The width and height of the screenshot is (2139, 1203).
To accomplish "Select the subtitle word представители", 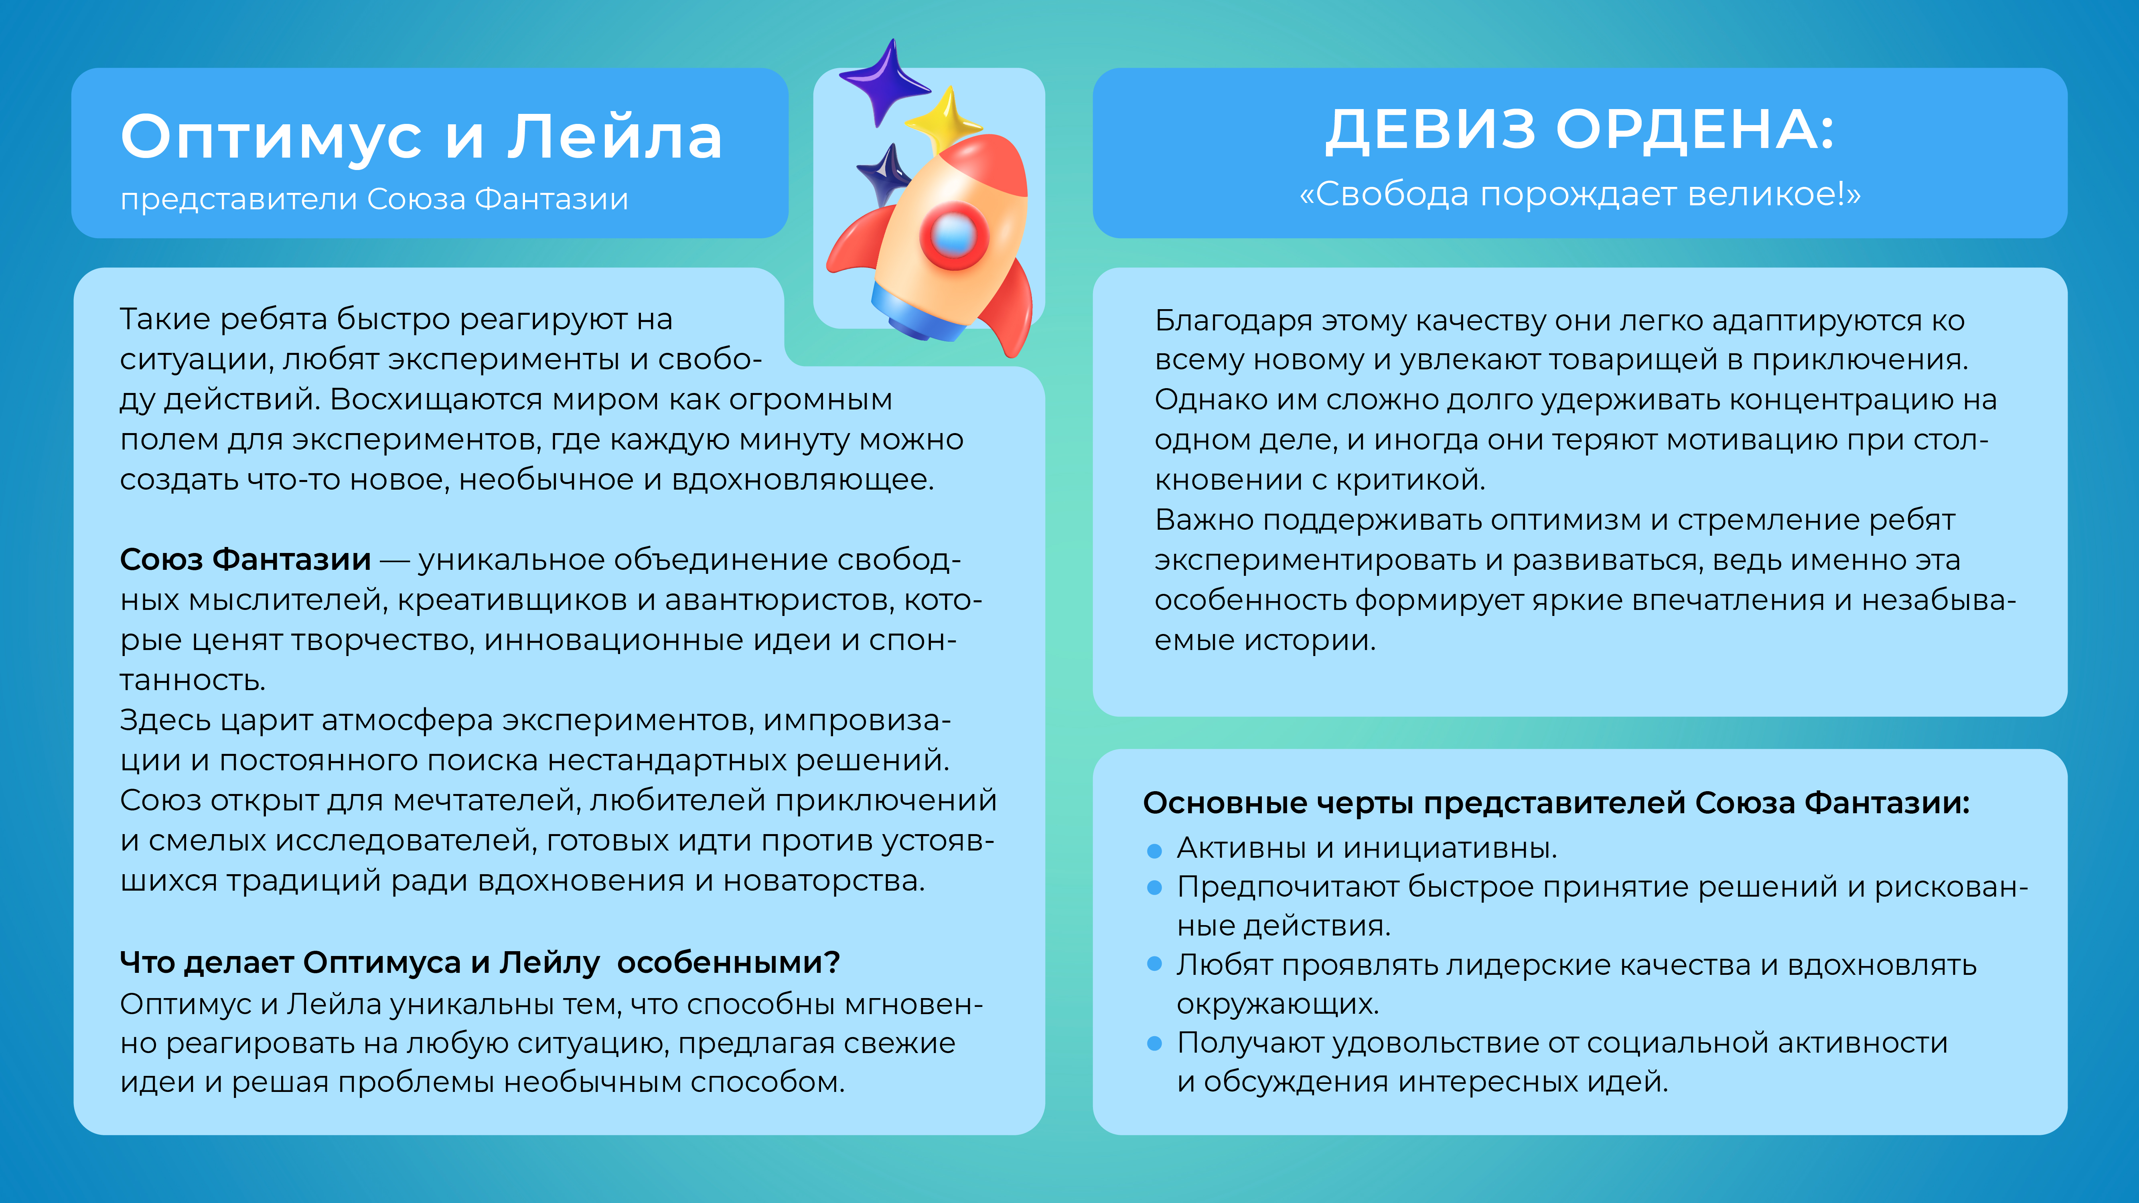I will pyautogui.click(x=238, y=199).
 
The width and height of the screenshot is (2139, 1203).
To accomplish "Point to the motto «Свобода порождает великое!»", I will pyautogui.click(x=1579, y=194).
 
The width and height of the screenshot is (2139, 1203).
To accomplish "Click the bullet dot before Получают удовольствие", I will pyautogui.click(x=1154, y=1043).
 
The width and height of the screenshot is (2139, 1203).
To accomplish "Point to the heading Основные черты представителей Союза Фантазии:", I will pyautogui.click(x=1555, y=803).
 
